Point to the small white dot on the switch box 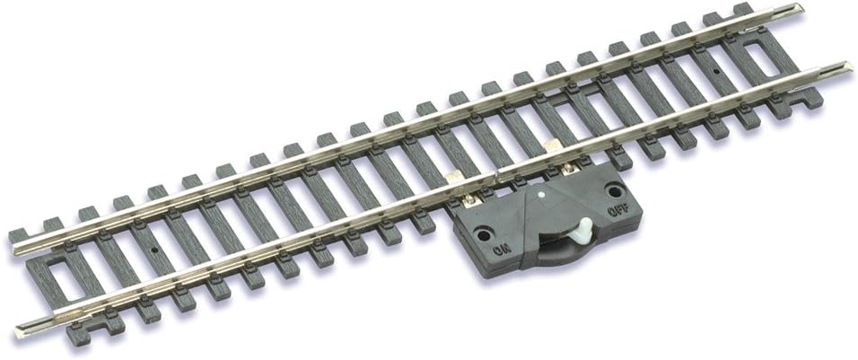click(541, 192)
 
